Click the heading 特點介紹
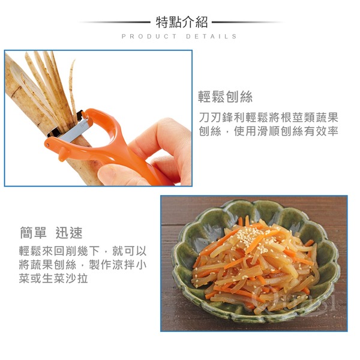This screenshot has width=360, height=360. [x=182, y=23]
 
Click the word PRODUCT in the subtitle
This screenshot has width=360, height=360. [x=149, y=37]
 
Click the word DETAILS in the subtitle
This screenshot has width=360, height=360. [x=211, y=37]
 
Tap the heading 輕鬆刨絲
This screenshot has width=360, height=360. [x=225, y=97]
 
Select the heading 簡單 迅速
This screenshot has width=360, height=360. [x=51, y=233]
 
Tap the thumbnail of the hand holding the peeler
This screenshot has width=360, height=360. [x=98, y=118]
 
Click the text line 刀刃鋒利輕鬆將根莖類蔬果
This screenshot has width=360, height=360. [x=268, y=118]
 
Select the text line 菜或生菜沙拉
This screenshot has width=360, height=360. [x=53, y=278]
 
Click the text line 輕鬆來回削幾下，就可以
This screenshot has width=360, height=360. [x=83, y=251]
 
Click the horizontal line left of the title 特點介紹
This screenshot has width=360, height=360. [x=115, y=22]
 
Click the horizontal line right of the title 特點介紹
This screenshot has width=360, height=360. [x=247, y=22]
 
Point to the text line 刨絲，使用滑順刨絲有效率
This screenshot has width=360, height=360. [x=268, y=131]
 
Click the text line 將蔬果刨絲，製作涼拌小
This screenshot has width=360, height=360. [x=83, y=265]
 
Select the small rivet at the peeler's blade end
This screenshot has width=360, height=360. [x=47, y=145]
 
